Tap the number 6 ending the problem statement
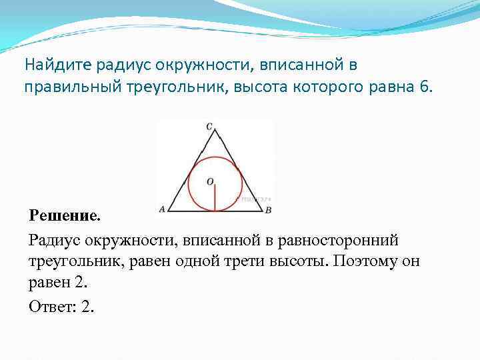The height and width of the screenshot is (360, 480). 426,87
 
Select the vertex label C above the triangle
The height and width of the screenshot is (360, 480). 209,125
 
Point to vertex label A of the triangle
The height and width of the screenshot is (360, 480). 162,209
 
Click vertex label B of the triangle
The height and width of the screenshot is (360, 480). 268,210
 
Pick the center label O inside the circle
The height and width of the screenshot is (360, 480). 209,181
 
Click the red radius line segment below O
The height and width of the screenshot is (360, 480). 215,199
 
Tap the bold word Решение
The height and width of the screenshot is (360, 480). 65,215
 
